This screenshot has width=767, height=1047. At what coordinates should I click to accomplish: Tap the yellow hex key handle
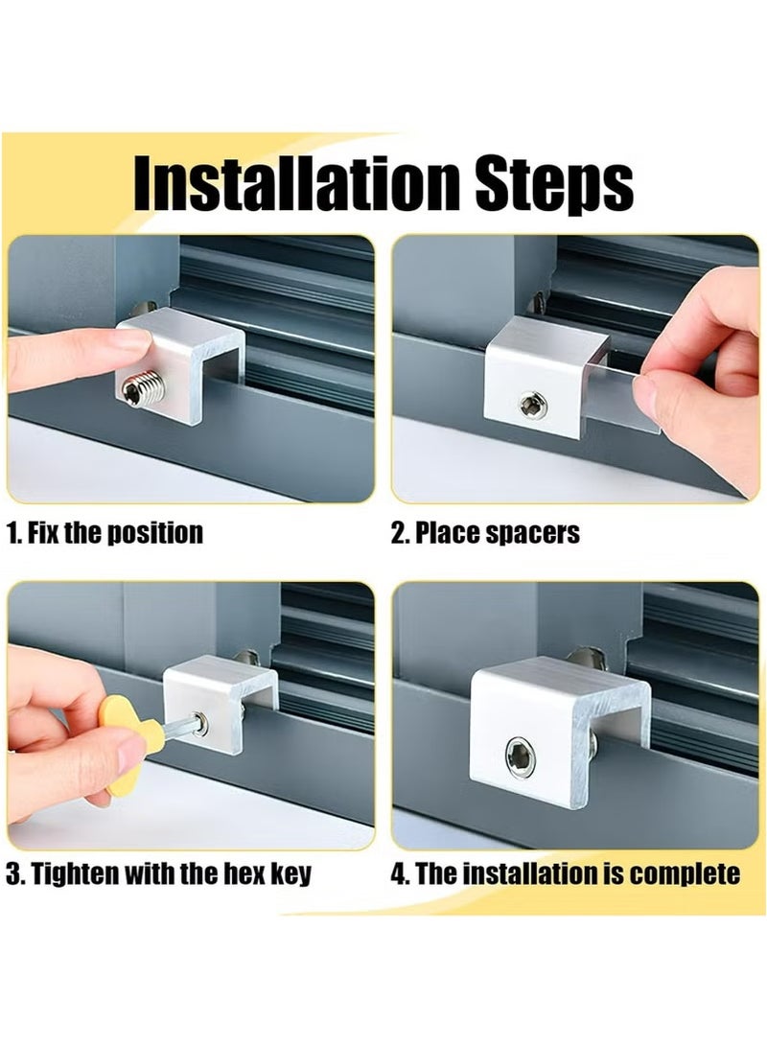click(x=129, y=743)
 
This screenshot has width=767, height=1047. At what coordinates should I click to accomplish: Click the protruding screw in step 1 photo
click(x=144, y=386)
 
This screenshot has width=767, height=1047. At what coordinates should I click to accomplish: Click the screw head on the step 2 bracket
click(x=533, y=405)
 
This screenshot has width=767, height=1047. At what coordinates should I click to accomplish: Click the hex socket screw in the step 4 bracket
click(x=521, y=756)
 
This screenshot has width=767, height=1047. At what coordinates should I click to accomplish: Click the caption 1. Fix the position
click(x=105, y=533)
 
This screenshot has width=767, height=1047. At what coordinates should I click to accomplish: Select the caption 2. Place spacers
click(x=485, y=533)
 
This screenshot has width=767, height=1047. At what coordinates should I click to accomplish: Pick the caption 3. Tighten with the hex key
click(x=159, y=873)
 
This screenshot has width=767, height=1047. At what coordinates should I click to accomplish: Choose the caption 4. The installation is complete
click(x=566, y=873)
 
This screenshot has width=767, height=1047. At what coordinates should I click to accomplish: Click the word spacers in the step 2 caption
click(x=533, y=533)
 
